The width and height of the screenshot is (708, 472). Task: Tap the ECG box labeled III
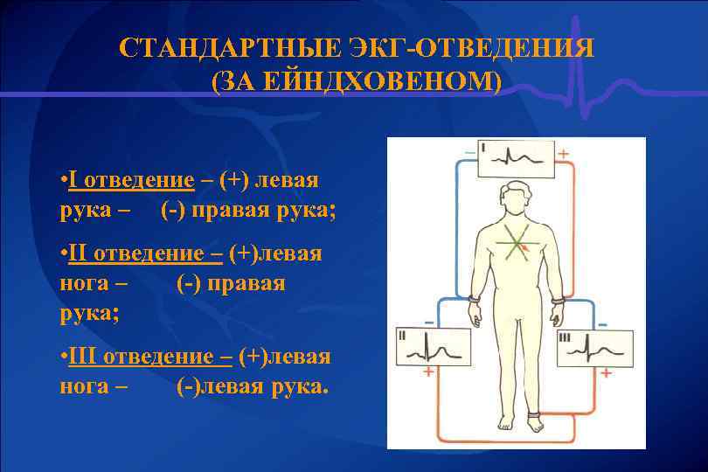[593, 347]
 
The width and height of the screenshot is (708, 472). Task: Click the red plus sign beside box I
[563, 153]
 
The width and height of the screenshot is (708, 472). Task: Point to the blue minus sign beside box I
[469, 152]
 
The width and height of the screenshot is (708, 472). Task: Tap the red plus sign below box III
[605, 373]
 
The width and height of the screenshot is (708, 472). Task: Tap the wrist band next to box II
[474, 300]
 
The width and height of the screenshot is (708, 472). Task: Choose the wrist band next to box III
[558, 300]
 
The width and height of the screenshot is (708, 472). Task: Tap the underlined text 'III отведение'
[150, 356]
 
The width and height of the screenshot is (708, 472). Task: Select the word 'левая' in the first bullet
[285, 181]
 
